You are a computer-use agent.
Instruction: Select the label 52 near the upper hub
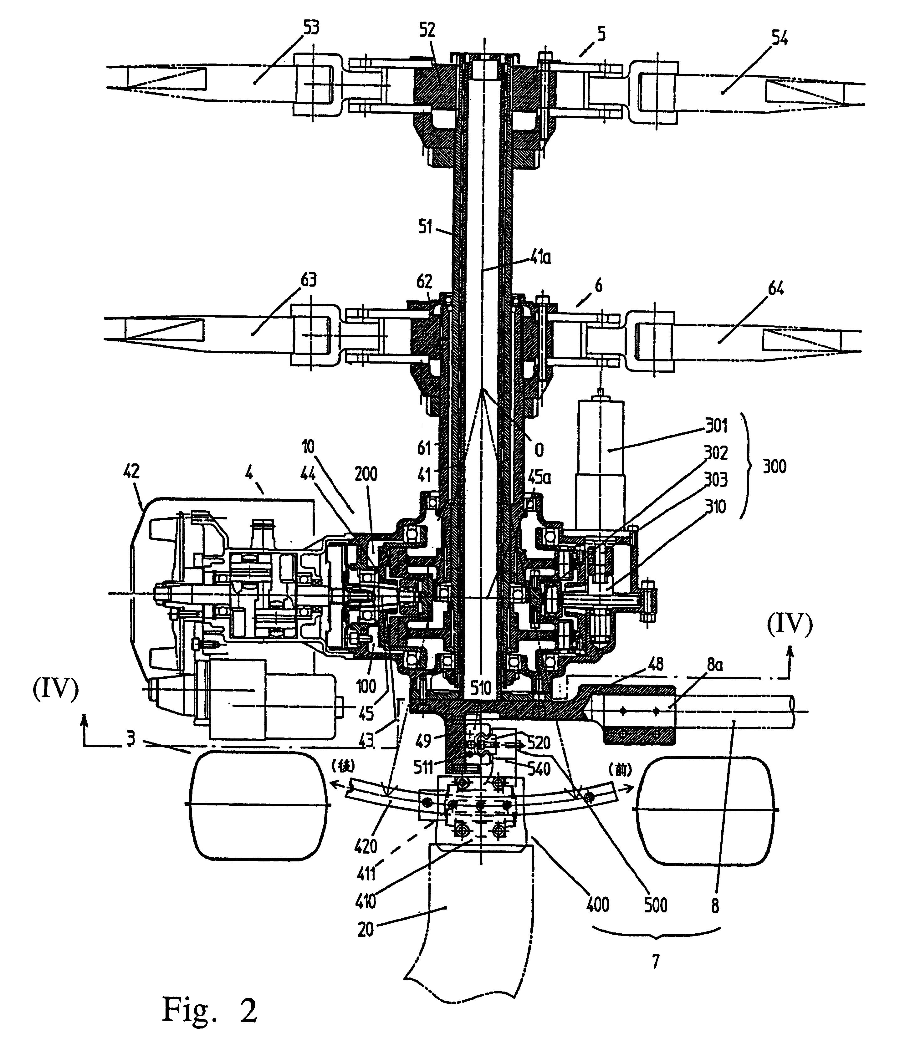(427, 30)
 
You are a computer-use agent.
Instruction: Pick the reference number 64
(776, 289)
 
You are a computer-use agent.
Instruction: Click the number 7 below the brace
(656, 962)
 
